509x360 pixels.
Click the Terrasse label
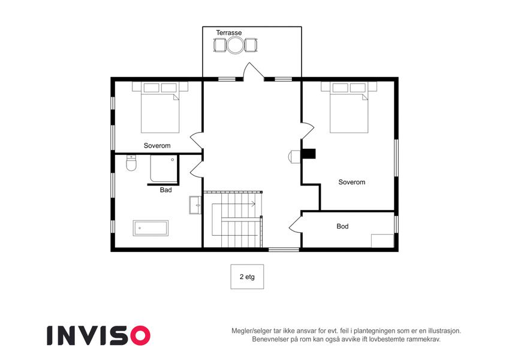(229, 32)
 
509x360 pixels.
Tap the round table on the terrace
(235, 45)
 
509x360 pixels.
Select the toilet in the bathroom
(131, 163)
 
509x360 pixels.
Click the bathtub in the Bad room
(150, 228)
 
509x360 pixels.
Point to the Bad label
(165, 190)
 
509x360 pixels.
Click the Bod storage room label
(342, 226)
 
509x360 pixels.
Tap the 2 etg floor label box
(247, 277)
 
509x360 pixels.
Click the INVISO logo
(99, 335)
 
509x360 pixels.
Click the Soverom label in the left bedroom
(157, 146)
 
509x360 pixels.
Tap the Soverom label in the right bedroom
(352, 182)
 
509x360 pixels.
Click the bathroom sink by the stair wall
(195, 205)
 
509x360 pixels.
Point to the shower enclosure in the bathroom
(164, 169)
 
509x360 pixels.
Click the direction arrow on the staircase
(234, 204)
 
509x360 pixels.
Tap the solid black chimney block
(309, 154)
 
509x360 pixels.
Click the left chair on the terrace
(220, 45)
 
